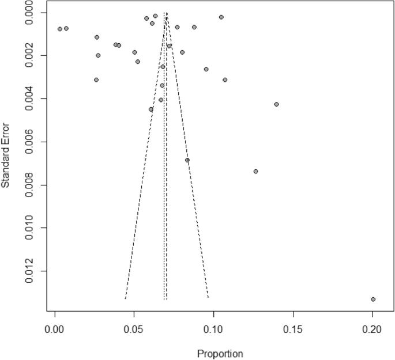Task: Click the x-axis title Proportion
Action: (x=220, y=353)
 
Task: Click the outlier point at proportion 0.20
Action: (x=373, y=299)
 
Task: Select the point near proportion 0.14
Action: (x=277, y=104)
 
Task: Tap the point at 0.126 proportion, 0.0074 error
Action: (x=255, y=171)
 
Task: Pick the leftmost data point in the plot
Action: (x=60, y=29)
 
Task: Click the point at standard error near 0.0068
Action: (x=187, y=160)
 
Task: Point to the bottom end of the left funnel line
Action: (x=125, y=298)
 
